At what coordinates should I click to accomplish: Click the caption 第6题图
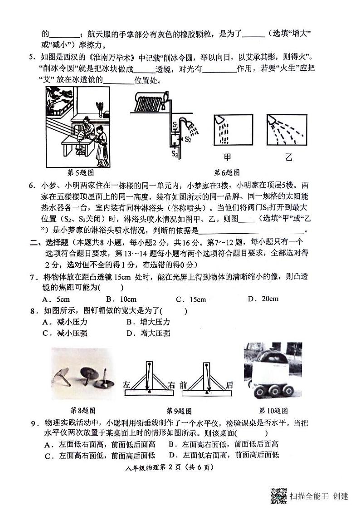point(227,172)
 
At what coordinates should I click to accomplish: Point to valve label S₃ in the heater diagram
point(175,154)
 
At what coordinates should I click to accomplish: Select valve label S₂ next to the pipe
point(187,139)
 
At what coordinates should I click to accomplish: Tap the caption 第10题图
point(273,411)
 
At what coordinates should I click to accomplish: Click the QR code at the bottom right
point(278,495)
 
